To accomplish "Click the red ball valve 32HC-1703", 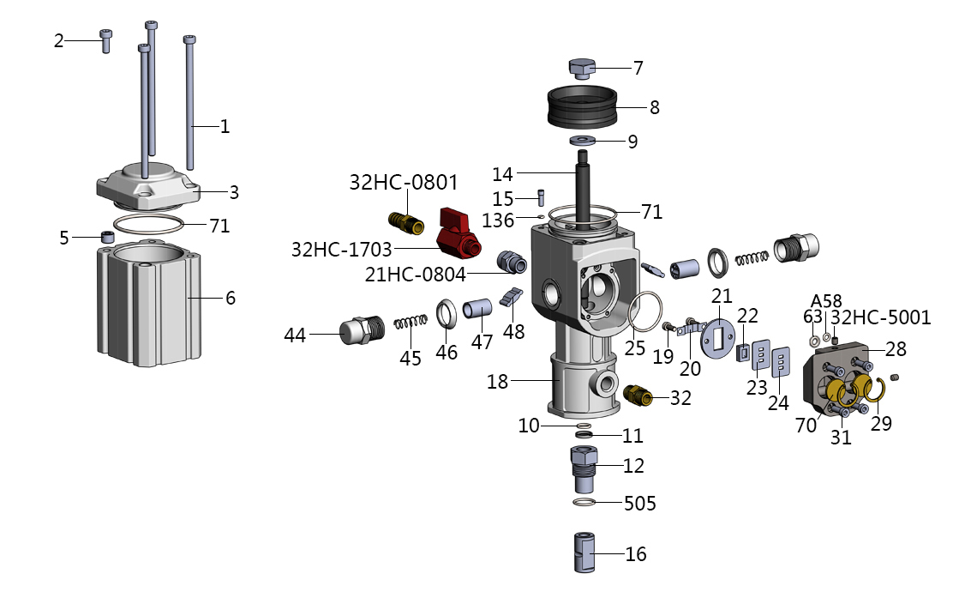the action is coord(457,236).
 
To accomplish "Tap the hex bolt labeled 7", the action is coord(582,68).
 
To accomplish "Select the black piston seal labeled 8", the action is coord(582,106).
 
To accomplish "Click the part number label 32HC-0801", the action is coord(403,182).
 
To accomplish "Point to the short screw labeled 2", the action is coord(105,40).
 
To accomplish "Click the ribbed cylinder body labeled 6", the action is coord(149,303).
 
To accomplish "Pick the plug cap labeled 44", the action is coord(362,330).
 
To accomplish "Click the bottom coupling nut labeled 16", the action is coord(584,552).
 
